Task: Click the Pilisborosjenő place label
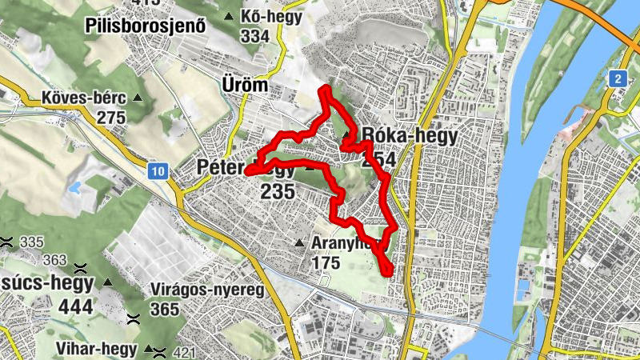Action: point(146,26)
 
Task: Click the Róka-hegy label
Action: point(410,135)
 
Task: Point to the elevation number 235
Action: point(278,192)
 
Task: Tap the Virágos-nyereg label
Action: point(207,290)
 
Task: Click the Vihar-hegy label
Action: point(99,348)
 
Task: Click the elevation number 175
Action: point(326,262)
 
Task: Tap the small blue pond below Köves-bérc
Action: point(75,189)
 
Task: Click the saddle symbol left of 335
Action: point(7,242)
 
